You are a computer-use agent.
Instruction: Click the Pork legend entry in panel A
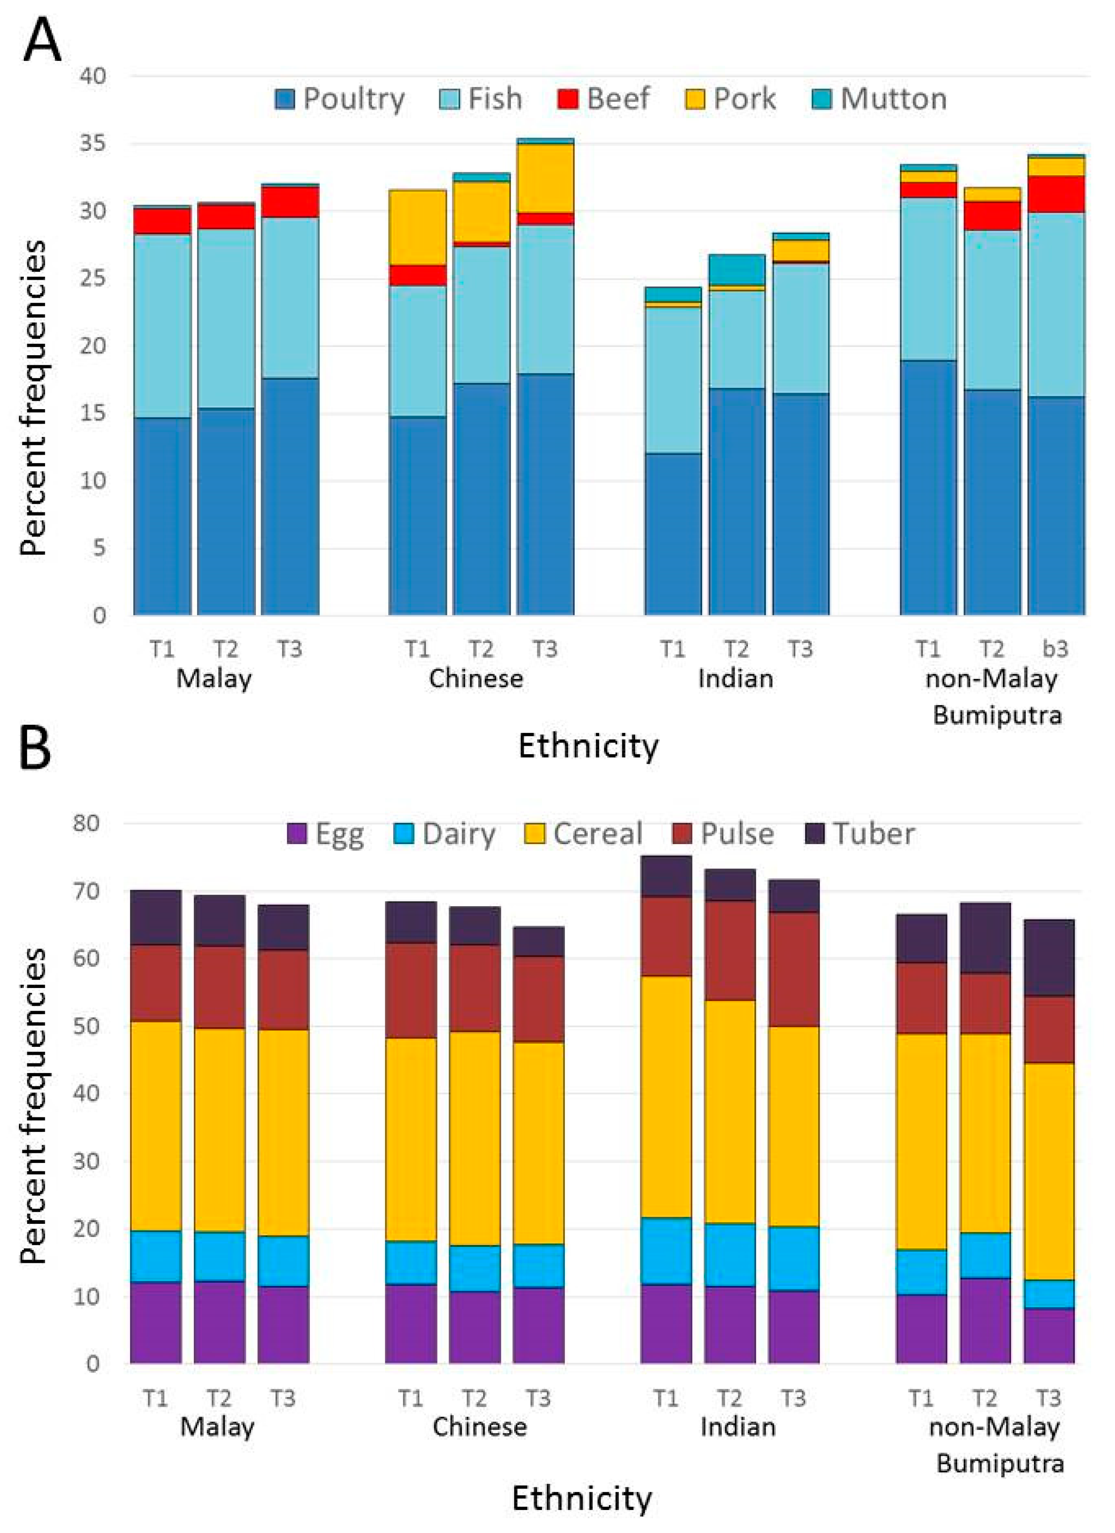[730, 99]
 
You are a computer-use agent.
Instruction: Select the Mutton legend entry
[878, 99]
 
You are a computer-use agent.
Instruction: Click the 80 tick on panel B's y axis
[87, 823]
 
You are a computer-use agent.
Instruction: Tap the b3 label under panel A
[1055, 649]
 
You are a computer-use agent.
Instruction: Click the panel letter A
[42, 39]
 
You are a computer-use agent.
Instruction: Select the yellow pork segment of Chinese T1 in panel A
[417, 227]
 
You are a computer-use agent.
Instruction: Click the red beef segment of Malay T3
[290, 202]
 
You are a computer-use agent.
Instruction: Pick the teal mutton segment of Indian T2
[737, 270]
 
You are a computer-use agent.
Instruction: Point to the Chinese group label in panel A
[476, 678]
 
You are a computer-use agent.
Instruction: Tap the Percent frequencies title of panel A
[34, 399]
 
